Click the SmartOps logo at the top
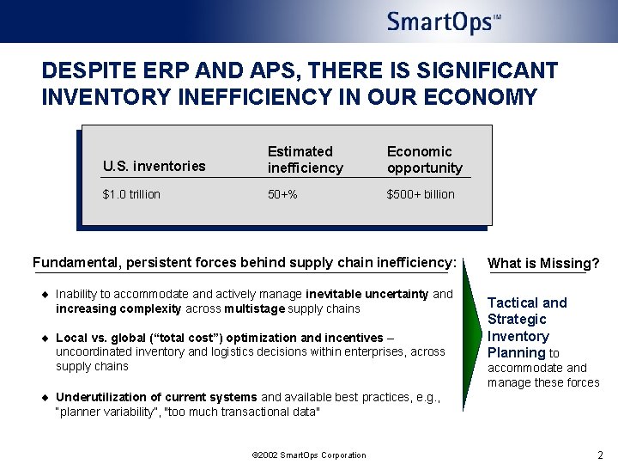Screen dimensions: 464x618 tap(443, 21)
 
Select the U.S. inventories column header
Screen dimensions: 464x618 tap(154, 166)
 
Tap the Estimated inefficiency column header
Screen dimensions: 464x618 tap(305, 159)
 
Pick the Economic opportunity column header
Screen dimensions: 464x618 tap(424, 159)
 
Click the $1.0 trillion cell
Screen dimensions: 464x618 tap(131, 194)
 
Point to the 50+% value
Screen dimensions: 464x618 tap(282, 194)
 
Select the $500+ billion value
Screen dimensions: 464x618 tap(421, 194)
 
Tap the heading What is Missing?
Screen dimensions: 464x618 tap(543, 264)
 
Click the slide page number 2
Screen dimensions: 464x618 tap(600, 455)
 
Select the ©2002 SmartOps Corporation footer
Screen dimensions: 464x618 tap(309, 455)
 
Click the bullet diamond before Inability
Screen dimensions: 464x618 tap(46, 295)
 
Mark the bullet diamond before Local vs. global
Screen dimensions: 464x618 tap(46, 339)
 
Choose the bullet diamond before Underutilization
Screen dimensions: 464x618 tap(46, 397)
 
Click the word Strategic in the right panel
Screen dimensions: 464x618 tap(517, 320)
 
